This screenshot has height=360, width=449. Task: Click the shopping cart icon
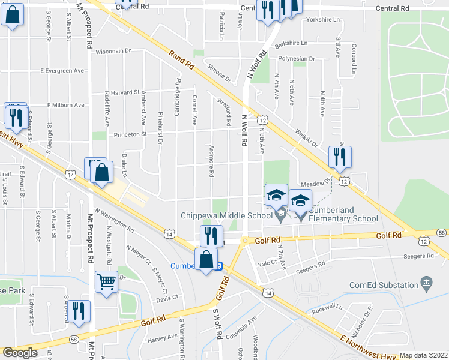pos(107,281)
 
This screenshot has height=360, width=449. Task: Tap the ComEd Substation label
pos(391,281)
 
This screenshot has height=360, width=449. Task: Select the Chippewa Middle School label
pos(226,216)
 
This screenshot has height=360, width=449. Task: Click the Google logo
pos(20,353)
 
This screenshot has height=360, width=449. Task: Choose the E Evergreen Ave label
pos(62,71)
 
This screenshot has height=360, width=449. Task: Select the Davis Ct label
pos(167,297)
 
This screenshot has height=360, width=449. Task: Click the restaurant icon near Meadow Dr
pos(340,157)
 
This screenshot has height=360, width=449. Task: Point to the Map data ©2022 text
pos(424,355)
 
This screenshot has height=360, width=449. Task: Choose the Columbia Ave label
pos(241,328)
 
